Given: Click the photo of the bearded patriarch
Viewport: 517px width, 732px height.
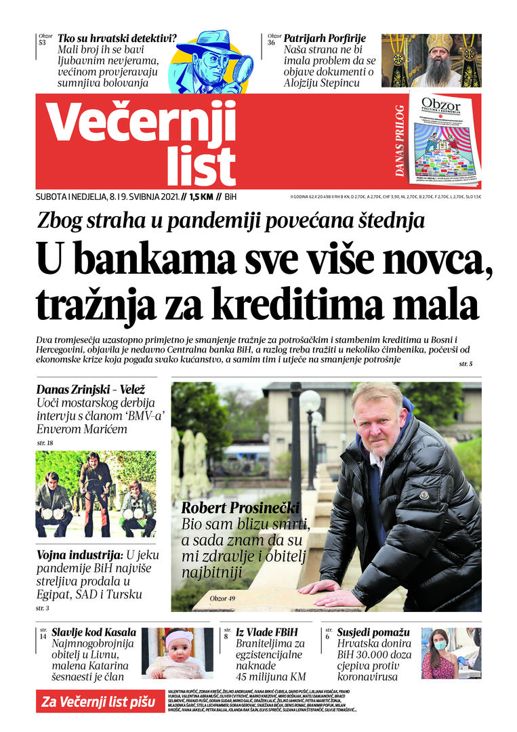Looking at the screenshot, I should click(x=432, y=60).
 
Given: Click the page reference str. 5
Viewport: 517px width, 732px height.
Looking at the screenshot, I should click(x=466, y=365).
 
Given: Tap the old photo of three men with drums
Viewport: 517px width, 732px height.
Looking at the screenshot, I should click(x=96, y=493).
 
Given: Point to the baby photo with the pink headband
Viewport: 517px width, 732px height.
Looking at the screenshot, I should click(x=178, y=653).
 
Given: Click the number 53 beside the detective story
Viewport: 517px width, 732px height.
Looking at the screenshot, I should click(x=43, y=42).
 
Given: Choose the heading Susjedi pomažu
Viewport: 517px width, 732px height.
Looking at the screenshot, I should click(x=372, y=632).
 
